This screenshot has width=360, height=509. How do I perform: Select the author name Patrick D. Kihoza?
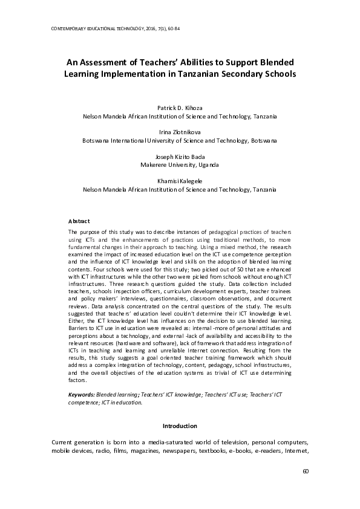179,108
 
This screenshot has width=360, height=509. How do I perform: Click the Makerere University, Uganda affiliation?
179,164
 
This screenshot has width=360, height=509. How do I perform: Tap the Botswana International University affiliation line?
179,140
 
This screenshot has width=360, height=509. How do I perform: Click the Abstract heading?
79,221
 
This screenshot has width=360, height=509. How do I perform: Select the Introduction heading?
180,426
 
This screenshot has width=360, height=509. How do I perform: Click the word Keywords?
82,394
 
